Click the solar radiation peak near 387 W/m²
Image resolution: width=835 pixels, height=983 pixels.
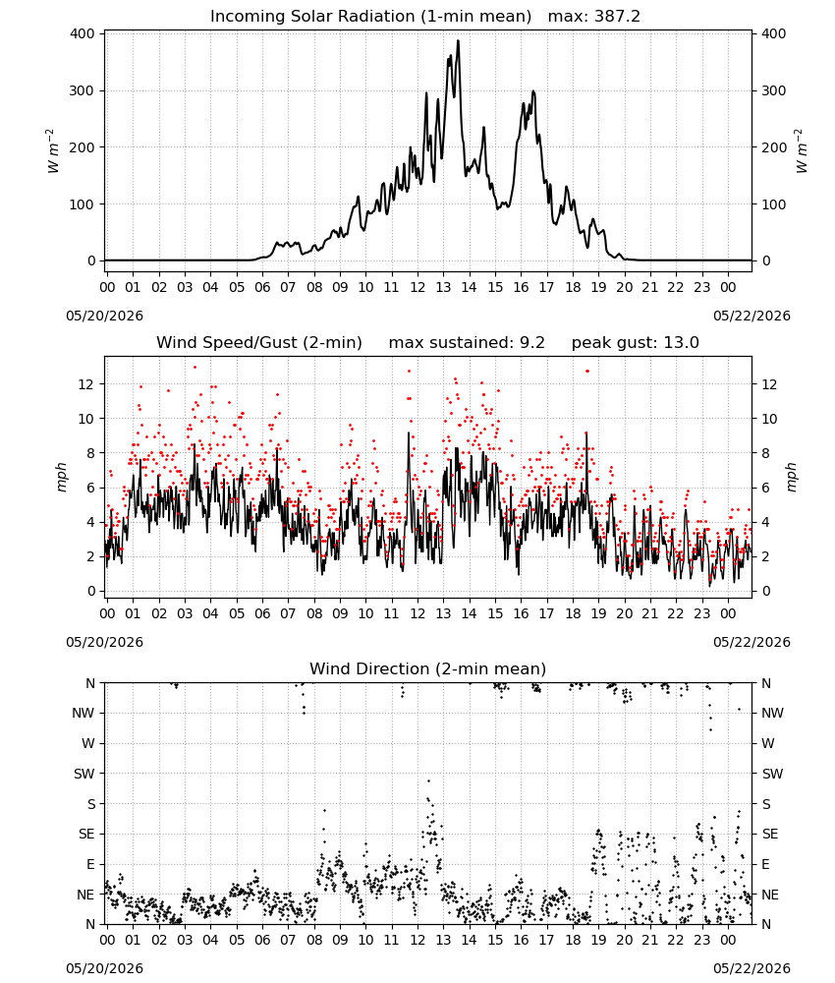click(458, 40)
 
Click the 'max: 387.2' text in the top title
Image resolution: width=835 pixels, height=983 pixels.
click(594, 17)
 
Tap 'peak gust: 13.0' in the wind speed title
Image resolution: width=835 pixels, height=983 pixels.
click(636, 343)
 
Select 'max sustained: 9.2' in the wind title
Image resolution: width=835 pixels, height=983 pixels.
click(467, 343)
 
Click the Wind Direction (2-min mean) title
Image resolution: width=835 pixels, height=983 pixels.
click(428, 668)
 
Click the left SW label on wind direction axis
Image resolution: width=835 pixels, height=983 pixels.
click(84, 774)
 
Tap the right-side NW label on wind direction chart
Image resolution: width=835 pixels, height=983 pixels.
click(772, 713)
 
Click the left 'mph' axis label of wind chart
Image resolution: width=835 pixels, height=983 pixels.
click(61, 477)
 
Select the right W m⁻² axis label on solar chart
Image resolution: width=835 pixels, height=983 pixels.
click(802, 151)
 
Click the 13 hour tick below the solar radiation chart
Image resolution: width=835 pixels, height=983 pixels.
click(443, 287)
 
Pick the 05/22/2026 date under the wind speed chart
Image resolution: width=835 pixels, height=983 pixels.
click(751, 642)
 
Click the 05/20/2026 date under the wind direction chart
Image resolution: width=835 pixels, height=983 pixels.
click(104, 968)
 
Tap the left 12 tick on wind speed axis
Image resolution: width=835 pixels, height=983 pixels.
click(85, 384)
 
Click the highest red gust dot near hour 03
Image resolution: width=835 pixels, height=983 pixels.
click(195, 368)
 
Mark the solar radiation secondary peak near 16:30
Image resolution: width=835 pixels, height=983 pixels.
click(533, 91)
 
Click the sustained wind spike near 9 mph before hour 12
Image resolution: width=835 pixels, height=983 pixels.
click(409, 433)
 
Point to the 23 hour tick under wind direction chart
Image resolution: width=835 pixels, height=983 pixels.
click(701, 940)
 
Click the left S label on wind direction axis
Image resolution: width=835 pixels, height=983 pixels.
click(90, 804)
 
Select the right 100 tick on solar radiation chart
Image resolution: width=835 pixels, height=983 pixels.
click(774, 204)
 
